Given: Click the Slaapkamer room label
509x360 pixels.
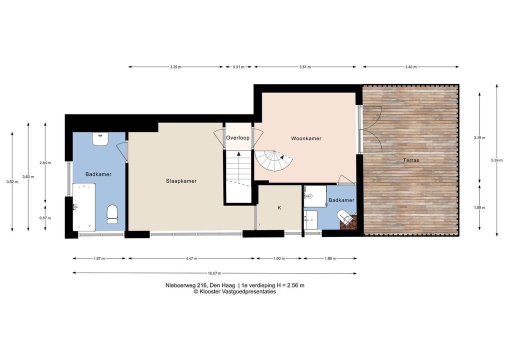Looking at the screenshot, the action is [181, 181].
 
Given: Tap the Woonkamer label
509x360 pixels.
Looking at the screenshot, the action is [306, 138].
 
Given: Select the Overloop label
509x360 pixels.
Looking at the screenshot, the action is [238, 137].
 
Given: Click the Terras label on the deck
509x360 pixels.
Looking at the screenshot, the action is [411, 160].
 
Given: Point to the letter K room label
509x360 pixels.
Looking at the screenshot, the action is [279, 208].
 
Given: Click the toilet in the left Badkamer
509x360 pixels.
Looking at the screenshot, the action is [112, 214].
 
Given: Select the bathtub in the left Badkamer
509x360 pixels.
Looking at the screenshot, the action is [84, 207].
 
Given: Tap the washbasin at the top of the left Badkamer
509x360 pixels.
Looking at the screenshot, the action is [100, 139].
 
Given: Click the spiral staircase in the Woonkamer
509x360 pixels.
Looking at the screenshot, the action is [273, 161].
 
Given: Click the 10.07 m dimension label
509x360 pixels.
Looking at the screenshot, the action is [214, 273].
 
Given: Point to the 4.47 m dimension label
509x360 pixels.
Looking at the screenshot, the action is [191, 258].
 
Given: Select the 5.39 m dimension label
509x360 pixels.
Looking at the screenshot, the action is [496, 160].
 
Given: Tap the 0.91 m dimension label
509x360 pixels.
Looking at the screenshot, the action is [238, 67].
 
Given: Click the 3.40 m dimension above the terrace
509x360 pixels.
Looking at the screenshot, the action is [410, 67].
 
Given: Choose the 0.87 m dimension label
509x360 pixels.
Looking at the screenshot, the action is [45, 218].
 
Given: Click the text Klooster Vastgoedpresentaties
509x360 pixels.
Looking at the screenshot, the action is [237, 291].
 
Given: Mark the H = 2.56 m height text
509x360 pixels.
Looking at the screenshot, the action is [290, 285].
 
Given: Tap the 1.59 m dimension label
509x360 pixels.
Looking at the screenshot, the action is [480, 208].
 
